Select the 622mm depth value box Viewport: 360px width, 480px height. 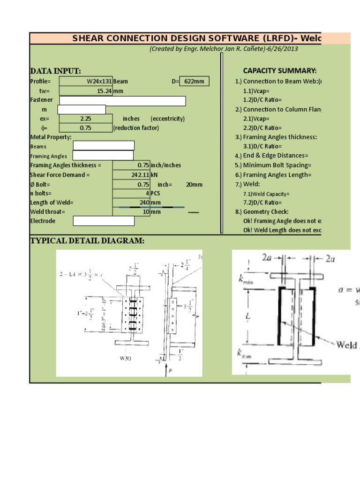194,81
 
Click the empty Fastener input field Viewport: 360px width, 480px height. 122,101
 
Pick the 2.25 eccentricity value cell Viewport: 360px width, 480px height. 86,119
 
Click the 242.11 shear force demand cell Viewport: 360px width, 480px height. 132,175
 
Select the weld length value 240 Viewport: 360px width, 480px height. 132,202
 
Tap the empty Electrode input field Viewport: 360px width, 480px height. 103,221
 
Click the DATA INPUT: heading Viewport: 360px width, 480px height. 55,71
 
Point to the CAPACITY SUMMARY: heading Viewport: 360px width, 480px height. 279,71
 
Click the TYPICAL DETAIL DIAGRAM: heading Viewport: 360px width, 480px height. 87,241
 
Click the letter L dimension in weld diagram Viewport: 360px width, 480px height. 248,316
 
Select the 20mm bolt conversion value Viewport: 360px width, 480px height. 194,184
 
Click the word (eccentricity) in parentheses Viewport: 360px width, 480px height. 168,119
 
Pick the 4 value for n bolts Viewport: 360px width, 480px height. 132,193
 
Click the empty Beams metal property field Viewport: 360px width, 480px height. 103,146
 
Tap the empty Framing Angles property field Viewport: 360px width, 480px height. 103,156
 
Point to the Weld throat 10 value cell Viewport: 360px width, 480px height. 132,211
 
